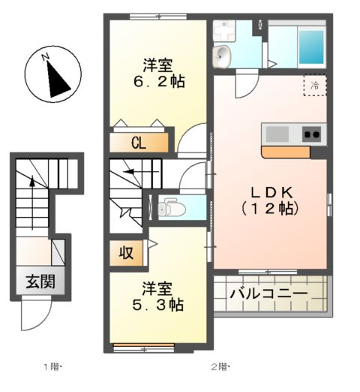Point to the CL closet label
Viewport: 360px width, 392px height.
tap(138, 143)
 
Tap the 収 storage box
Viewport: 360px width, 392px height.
tap(127, 253)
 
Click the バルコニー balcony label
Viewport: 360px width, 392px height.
tap(268, 293)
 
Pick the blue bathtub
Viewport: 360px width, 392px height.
tap(311, 47)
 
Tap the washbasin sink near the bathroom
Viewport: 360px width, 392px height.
tap(223, 56)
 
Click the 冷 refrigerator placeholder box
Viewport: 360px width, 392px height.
tap(315, 85)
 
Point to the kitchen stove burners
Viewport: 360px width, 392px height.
tap(311, 135)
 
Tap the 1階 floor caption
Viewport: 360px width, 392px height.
tap(52, 367)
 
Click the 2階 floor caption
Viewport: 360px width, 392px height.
tap(220, 367)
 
